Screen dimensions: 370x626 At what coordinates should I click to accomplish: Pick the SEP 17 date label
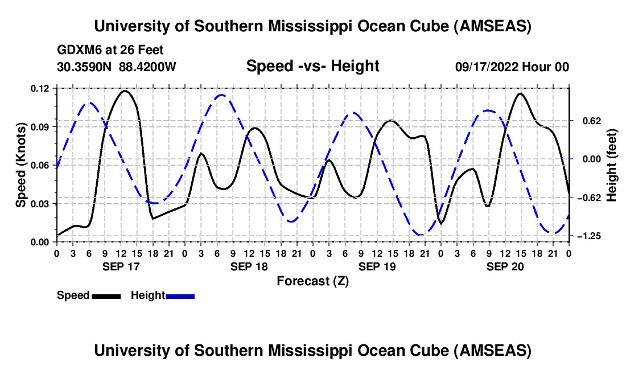tap(121, 266)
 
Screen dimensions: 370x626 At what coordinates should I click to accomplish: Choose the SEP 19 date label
tap(377, 266)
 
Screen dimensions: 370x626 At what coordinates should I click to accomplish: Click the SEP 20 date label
tap(505, 266)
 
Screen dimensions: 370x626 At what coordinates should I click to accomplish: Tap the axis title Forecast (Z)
tap(312, 281)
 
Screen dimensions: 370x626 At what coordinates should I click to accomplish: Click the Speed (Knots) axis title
tap(20, 165)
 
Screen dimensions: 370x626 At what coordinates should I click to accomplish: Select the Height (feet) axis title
tap(612, 165)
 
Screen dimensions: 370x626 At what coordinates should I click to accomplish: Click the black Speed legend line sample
tap(106, 295)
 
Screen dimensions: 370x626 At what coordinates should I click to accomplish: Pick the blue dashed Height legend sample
tap(180, 295)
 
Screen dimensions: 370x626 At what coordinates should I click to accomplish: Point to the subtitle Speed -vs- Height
tap(312, 66)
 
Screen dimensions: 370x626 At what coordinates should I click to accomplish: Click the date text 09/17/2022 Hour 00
tap(512, 67)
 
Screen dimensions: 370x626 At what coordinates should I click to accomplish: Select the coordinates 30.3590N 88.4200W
tap(117, 67)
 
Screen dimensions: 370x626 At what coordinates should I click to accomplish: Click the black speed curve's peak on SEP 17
tap(125, 91)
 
